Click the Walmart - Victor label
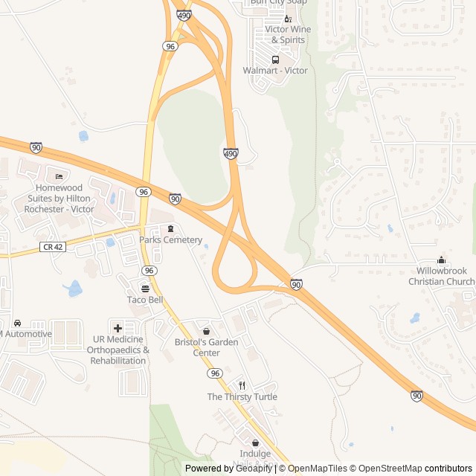point(274,71)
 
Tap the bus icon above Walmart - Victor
point(275,59)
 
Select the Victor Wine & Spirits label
point(282,34)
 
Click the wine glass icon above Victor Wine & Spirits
point(288,18)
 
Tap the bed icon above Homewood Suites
point(59,176)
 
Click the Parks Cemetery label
point(170,240)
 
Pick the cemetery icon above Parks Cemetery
point(170,228)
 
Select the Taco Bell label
point(144,300)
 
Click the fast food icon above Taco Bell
point(144,289)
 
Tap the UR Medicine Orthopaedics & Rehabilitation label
point(118,350)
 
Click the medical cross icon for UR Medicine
point(118,328)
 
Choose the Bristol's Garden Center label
point(206,347)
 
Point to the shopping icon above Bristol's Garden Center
point(206,331)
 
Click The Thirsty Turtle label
point(242,397)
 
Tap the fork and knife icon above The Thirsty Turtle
point(242,385)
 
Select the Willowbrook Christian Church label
point(441,276)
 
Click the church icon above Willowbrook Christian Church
point(442,260)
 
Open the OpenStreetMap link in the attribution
point(384,469)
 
